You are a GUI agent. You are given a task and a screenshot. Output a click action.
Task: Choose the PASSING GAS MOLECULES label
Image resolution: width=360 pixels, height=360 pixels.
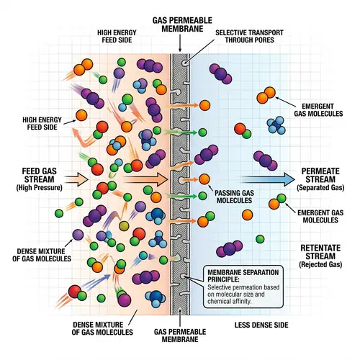click(x=233, y=197)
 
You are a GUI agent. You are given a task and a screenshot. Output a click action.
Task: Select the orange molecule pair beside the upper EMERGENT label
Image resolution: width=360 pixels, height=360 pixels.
click(x=267, y=94)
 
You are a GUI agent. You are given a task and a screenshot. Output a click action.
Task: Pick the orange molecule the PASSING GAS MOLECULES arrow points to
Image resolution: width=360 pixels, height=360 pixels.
click(x=204, y=179)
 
